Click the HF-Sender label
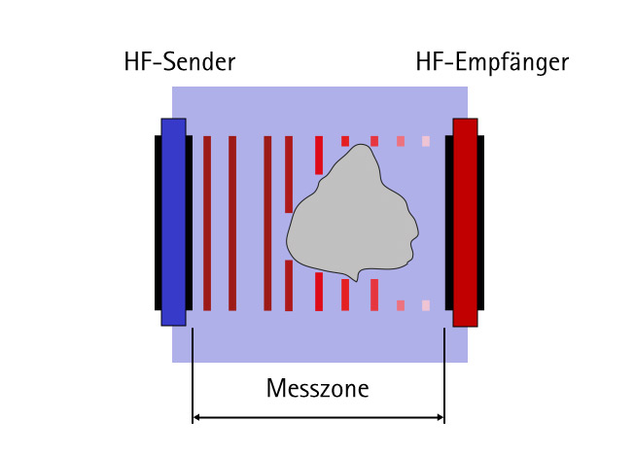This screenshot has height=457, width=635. coord(180,64)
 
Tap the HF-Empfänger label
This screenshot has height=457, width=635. coord(491,64)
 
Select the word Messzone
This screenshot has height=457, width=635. coord(318,389)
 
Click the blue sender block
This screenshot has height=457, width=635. coord(173,222)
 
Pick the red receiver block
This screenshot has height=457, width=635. coord(465,222)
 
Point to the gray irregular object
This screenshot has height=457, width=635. coord(350,219)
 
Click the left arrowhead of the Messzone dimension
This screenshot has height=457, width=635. coord(197,419)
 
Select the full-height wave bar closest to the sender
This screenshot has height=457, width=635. coord(207,223)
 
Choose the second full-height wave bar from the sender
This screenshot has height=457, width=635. coord(232,223)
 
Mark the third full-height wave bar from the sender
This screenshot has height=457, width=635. coord(267,223)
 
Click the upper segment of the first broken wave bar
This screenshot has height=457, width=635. coord(289,173)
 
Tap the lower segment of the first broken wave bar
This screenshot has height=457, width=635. coord(289,285)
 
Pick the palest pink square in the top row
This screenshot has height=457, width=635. coord(426,141)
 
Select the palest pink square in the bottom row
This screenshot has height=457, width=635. coord(426,305)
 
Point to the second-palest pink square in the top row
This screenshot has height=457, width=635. coord(401,141)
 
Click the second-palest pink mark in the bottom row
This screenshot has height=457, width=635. coord(401,305)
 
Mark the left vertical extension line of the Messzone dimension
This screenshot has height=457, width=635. coord(194,374)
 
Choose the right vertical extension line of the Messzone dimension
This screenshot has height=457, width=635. coord(444,374)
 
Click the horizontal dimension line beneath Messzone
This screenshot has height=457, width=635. coord(318,419)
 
